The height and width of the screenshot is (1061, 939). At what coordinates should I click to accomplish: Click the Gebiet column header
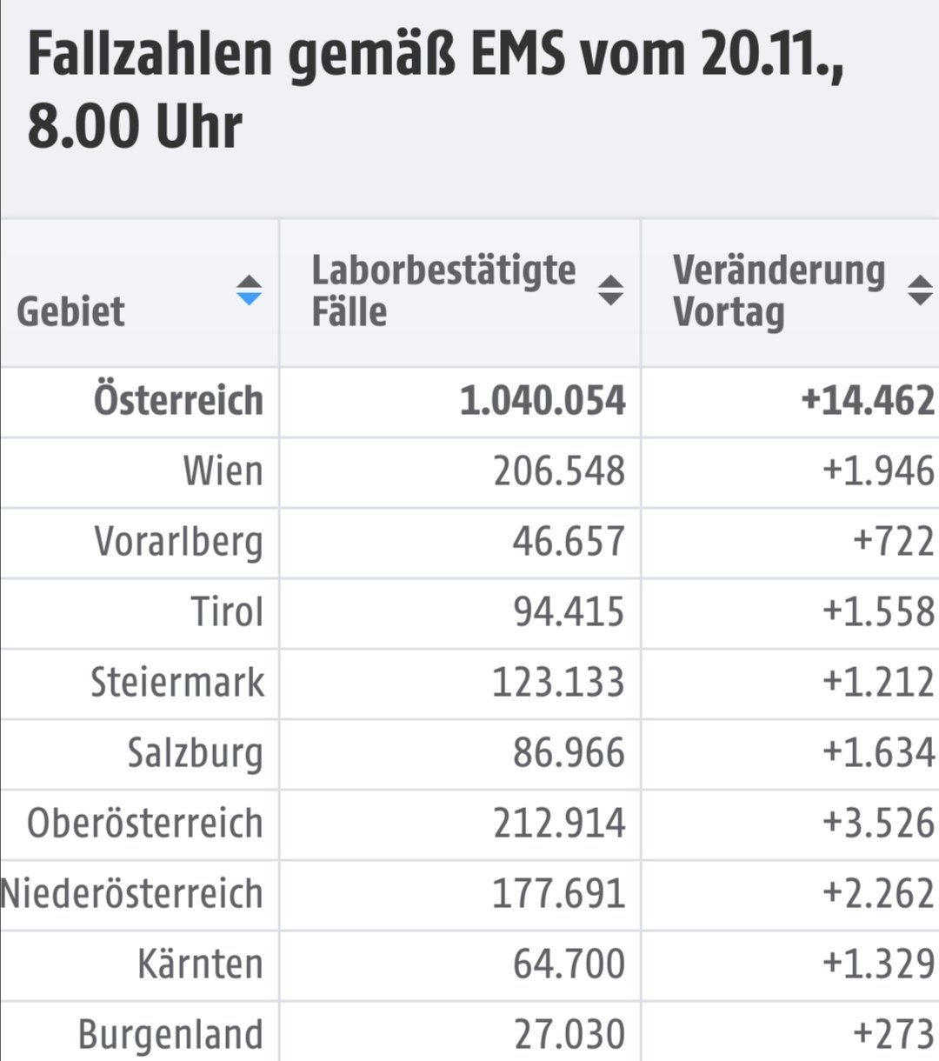[70, 311]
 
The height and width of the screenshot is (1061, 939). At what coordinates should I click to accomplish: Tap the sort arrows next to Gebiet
[249, 290]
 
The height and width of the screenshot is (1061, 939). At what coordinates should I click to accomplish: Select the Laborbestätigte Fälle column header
[443, 290]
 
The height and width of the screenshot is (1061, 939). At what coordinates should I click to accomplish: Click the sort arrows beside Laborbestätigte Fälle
[610, 290]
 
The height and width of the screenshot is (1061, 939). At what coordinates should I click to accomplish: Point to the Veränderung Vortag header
[778, 290]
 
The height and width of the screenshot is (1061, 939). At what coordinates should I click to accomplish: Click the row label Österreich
[178, 401]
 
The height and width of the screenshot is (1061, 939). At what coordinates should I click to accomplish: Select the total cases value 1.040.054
[543, 401]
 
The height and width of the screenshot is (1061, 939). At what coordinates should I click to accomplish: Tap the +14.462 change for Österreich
[867, 401]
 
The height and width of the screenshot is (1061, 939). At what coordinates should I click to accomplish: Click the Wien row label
[223, 471]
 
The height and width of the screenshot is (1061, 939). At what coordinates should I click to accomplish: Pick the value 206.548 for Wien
[559, 471]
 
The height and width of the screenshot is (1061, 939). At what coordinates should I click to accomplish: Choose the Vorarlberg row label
[178, 542]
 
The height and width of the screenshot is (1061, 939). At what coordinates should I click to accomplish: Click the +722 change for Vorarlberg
[893, 542]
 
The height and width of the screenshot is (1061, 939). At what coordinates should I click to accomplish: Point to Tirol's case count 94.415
[569, 611]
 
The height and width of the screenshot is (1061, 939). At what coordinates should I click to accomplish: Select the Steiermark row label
[177, 682]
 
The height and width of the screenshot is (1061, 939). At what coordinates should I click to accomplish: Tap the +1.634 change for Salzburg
[878, 752]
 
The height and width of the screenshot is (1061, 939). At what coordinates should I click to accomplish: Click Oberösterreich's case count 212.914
[559, 823]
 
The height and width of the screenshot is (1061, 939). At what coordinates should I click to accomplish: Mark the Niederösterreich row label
[132, 893]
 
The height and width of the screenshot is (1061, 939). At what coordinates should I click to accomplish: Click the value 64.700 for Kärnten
[569, 964]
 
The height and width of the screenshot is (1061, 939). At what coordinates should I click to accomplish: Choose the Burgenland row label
[170, 1034]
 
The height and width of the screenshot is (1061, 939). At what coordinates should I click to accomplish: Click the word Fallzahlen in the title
[150, 54]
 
